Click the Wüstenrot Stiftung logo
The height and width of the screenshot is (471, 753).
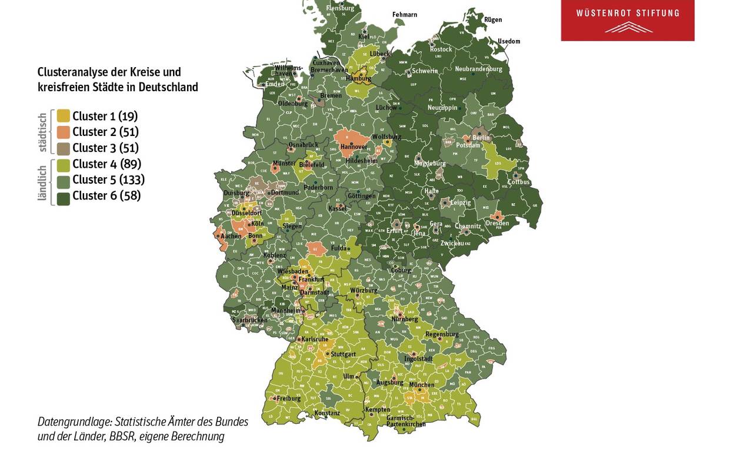627,20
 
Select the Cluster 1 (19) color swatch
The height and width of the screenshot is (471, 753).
64,116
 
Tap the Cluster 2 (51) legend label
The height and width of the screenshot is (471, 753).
105,132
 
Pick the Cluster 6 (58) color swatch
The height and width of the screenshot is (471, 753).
64,196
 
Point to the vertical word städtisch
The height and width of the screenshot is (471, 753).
42,132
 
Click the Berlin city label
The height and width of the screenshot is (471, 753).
481,138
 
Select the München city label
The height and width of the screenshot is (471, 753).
421,385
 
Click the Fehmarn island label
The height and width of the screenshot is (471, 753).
405,14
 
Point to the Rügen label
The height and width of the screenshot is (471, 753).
492,19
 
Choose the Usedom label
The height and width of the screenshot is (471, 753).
509,41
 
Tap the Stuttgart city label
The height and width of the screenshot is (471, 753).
343,354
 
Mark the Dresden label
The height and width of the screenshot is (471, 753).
497,223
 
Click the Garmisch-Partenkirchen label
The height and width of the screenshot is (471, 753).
405,421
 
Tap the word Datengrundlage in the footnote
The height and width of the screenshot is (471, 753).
74,422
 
